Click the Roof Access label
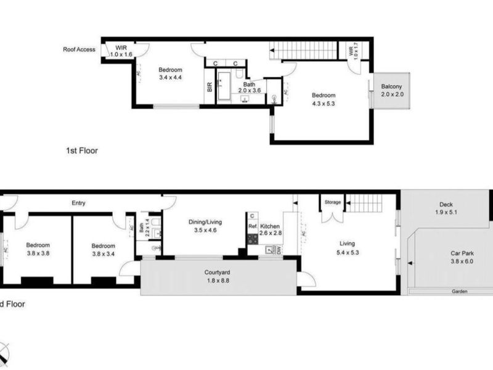pos(79,49)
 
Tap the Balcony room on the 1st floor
pos(391,90)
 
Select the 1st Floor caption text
pos(82,150)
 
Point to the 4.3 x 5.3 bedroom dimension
pos(323,103)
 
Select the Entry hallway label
pos(78,203)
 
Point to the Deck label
pos(446,205)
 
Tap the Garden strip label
pos(458,291)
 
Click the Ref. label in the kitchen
pos(252,226)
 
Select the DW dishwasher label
pos(279,250)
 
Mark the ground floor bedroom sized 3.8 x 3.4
pos(103,249)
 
